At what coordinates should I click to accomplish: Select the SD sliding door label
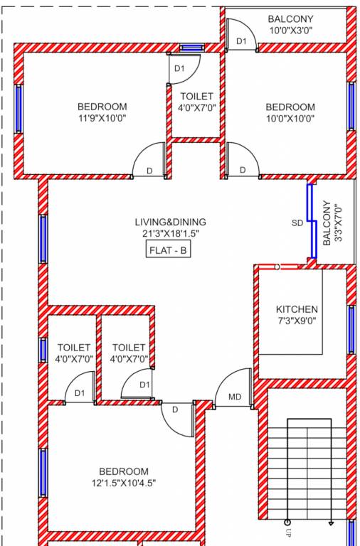click(297, 223)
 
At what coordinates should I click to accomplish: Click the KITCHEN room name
click(297, 310)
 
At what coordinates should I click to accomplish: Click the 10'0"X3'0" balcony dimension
click(290, 31)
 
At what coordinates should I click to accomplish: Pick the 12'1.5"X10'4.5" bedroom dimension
click(123, 483)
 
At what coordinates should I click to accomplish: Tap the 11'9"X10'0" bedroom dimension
click(102, 119)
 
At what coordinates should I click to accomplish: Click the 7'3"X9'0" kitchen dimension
click(297, 321)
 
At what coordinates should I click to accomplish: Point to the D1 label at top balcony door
click(241, 42)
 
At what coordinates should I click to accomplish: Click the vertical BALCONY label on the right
click(327, 223)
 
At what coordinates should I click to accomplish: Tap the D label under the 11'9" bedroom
click(149, 171)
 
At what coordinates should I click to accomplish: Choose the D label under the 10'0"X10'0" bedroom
click(243, 171)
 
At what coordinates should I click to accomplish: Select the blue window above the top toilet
click(191, 48)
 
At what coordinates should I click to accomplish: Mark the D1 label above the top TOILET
click(179, 69)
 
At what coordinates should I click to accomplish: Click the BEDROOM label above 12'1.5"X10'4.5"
click(123, 471)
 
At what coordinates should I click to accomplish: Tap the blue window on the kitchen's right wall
click(351, 329)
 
